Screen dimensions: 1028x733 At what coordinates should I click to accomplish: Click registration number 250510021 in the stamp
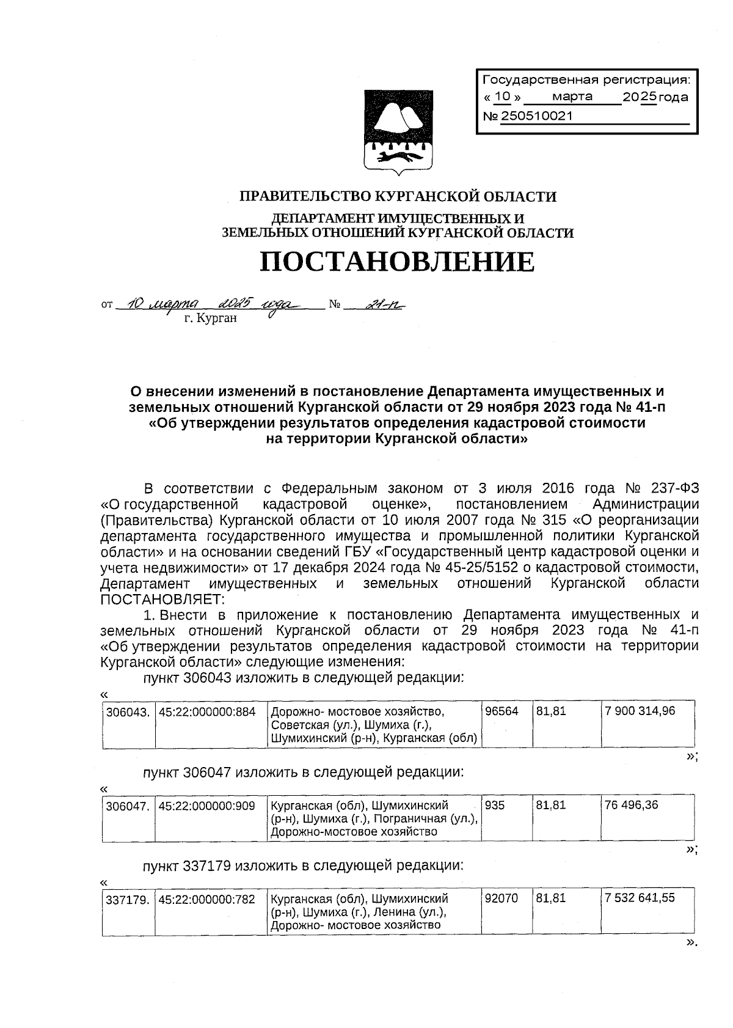coord(537,116)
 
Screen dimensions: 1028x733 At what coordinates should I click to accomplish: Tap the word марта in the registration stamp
coord(572,97)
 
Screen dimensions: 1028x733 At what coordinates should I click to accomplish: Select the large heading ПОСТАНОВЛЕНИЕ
coord(398,262)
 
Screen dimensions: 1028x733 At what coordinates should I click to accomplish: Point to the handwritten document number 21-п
coord(384,303)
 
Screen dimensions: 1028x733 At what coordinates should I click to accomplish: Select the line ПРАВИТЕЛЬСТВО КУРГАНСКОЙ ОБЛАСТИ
coord(398,197)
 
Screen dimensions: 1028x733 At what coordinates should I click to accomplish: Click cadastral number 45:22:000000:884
coord(207,711)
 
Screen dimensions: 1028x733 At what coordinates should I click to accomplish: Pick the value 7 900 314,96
coord(640,711)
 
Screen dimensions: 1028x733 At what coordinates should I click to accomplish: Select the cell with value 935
coord(495,806)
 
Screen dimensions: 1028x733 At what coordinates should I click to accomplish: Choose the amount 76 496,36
coord(632,806)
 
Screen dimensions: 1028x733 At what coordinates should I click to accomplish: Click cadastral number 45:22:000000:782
coord(207,899)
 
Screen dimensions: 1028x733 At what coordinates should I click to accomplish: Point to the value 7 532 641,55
coord(640,898)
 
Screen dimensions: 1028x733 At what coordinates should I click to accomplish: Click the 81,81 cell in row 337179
coord(552,898)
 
